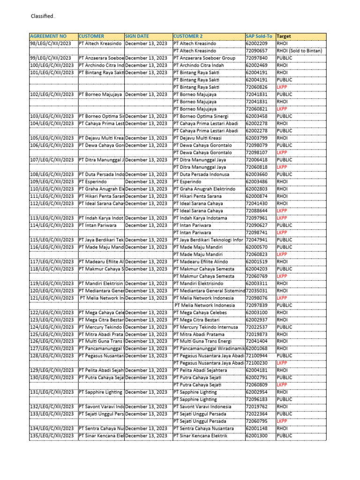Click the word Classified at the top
pos(42,17)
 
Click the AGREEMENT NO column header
pos(48,36)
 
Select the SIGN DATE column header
pos(137,36)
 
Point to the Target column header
pos(283,36)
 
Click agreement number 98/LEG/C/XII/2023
pos(52,44)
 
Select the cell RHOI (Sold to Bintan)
pos(299,51)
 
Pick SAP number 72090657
pos(256,51)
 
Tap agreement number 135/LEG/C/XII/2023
pos(52,436)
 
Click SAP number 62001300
pos(256,436)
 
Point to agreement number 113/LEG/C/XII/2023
pos(52,218)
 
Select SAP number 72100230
pos(256,363)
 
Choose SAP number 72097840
pos(256,58)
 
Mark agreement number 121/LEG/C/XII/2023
pos(52,298)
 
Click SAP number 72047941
pos(256,240)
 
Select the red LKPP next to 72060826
pos(282,87)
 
